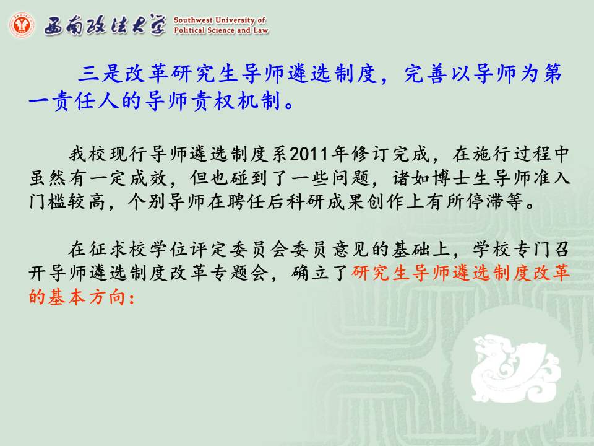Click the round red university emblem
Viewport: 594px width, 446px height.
[22, 25]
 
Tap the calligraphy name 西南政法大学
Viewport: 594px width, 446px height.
[105, 25]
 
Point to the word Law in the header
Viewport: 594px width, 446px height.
[260, 30]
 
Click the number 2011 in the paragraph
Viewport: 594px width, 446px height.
[309, 154]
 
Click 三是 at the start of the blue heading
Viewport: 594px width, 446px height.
[99, 74]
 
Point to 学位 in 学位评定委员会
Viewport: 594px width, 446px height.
[169, 249]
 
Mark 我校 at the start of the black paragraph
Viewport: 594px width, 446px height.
[88, 154]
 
